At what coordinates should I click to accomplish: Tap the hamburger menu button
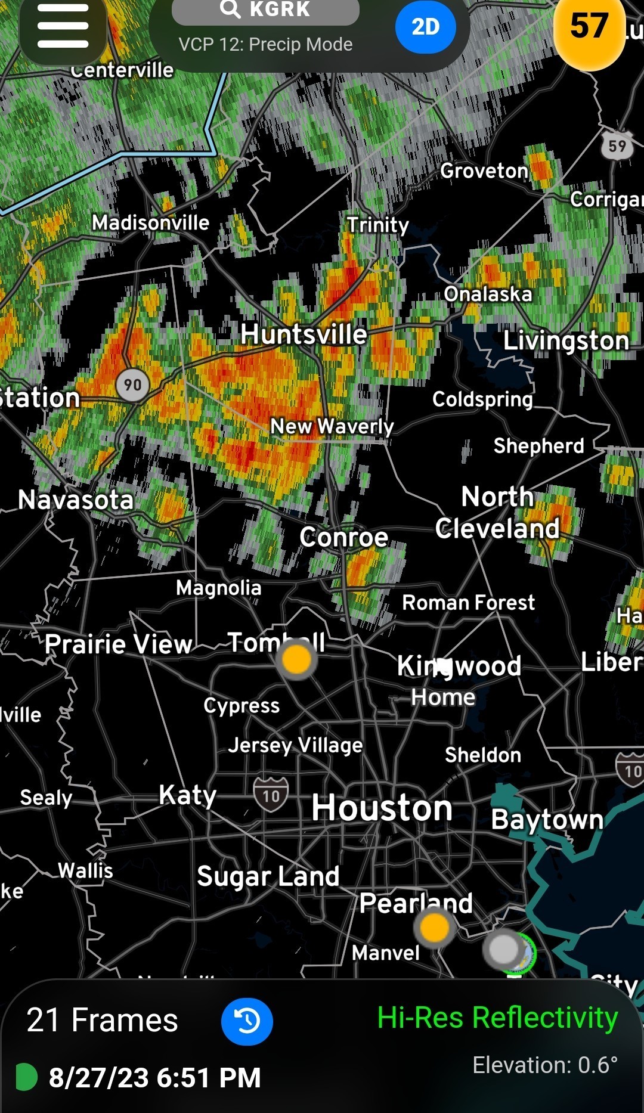click(63, 27)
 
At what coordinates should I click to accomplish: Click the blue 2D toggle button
click(425, 27)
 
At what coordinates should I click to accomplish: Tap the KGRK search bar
click(265, 10)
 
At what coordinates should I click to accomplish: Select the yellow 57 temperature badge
click(589, 27)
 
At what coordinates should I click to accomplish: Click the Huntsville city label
click(304, 334)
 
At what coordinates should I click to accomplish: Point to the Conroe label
click(344, 538)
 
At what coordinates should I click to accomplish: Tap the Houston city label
click(382, 808)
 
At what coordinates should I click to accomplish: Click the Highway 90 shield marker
click(132, 385)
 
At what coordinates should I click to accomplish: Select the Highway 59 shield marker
click(617, 145)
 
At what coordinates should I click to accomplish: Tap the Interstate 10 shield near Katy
click(271, 795)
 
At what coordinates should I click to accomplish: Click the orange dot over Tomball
click(296, 659)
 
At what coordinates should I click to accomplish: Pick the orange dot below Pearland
click(434, 927)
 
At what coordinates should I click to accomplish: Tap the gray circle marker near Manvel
click(504, 948)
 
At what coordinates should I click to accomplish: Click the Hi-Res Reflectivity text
click(497, 1017)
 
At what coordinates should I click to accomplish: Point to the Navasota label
click(76, 500)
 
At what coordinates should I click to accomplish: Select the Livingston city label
click(566, 341)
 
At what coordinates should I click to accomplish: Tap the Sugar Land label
click(268, 876)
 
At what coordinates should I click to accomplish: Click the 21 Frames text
click(102, 1020)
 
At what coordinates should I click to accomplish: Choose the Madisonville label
click(150, 223)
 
